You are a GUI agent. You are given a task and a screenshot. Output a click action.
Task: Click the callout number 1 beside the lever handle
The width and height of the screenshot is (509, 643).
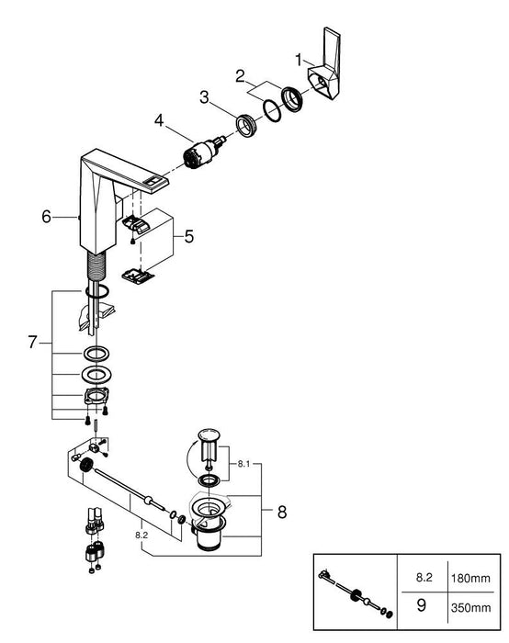[299, 61]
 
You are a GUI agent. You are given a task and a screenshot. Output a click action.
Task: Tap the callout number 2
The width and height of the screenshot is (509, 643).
[240, 76]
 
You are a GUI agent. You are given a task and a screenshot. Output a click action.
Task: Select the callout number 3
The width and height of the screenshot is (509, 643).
[204, 97]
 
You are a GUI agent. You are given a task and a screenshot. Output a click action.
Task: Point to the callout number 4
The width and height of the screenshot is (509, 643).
[159, 120]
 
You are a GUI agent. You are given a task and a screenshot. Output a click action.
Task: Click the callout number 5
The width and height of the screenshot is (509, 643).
[188, 237]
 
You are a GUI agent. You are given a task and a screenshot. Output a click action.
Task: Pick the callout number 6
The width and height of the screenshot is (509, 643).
[46, 217]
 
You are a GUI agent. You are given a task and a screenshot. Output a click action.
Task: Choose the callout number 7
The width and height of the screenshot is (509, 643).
[33, 342]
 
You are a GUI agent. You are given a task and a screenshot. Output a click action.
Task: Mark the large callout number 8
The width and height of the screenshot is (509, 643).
[282, 513]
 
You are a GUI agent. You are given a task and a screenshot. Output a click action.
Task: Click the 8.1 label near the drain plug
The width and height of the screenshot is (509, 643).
[243, 464]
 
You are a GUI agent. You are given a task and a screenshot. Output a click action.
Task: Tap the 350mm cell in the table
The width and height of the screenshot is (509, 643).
[470, 608]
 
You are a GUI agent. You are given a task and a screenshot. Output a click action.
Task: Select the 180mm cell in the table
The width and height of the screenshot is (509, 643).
[470, 578]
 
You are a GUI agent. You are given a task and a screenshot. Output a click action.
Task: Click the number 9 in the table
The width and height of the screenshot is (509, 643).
[421, 605]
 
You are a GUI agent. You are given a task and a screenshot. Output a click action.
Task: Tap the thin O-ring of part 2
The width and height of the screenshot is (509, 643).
[272, 111]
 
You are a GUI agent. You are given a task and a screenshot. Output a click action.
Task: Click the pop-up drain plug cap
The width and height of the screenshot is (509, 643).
[209, 435]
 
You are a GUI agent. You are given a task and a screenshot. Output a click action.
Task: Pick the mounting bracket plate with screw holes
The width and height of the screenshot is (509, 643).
[96, 397]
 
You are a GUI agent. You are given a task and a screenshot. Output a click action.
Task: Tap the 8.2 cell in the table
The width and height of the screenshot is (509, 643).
[424, 578]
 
